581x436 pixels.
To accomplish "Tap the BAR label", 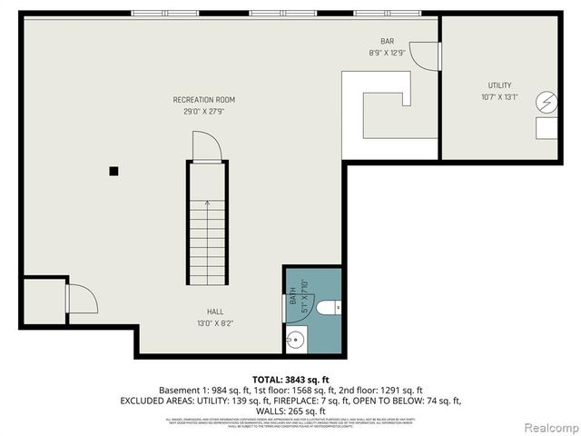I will (x=387, y=42).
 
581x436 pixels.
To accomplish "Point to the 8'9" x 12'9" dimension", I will (x=387, y=54).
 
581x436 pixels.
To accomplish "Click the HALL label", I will (x=214, y=311).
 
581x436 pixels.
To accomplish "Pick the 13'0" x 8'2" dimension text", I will (x=214, y=322).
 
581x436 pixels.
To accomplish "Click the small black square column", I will (x=113, y=170).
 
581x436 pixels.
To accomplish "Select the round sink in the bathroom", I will (x=295, y=342).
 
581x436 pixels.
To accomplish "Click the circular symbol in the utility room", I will (x=547, y=103).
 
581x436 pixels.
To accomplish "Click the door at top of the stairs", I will (x=205, y=146).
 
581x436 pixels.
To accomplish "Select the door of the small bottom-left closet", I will (x=81, y=299).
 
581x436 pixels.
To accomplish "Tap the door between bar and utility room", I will (x=425, y=56).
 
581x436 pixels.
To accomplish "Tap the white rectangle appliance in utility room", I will (x=547, y=128).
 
